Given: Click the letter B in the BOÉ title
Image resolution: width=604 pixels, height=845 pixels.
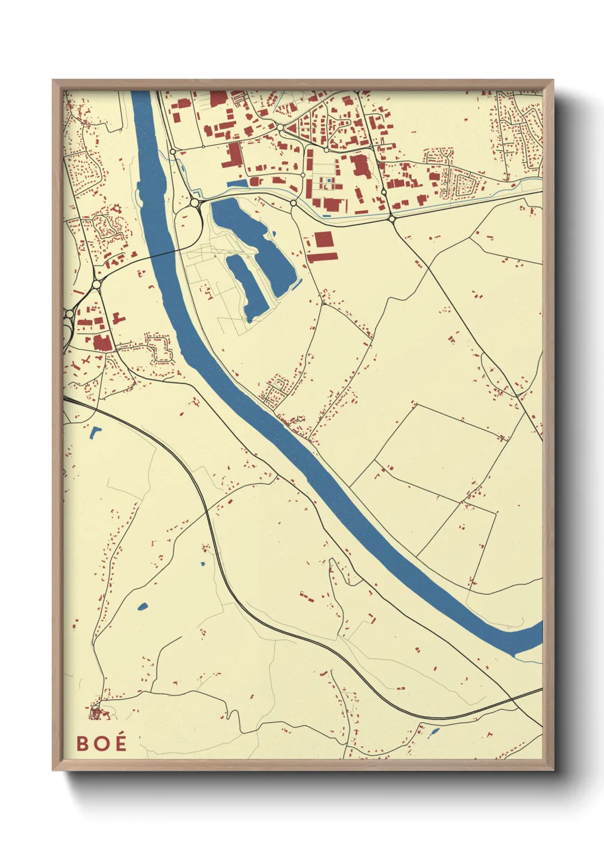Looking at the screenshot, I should coord(83,743).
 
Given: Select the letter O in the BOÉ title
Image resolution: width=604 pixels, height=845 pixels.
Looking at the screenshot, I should coord(100,743).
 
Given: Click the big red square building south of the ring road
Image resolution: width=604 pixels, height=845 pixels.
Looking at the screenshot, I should coord(323,239).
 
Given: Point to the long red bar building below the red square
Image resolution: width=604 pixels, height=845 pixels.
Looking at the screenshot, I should coord(323,257).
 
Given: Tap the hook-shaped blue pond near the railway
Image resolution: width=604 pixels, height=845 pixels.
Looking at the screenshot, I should coord(95,432).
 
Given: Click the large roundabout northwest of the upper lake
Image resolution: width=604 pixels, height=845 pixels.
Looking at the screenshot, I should coord(195,202).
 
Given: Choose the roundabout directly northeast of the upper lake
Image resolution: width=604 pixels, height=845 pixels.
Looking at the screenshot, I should coord(293,203).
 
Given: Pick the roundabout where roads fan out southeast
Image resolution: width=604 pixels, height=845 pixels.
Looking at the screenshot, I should coord(392,218).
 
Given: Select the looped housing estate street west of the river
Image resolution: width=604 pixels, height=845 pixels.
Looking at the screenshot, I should coord(160,348).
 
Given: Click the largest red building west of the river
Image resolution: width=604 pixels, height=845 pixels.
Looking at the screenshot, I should coord(102,343).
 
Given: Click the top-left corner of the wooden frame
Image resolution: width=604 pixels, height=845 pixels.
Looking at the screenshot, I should coord(54,81).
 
